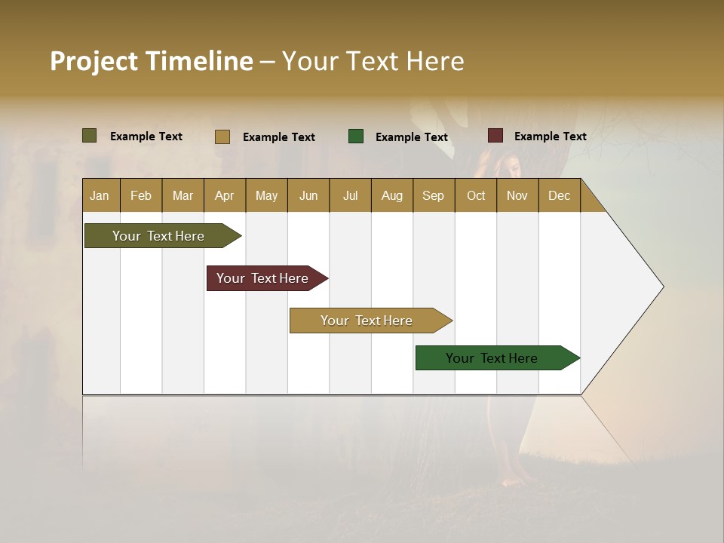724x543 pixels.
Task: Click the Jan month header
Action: click(100, 195)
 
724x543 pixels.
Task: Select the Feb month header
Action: click(141, 195)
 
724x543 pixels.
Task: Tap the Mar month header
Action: click(183, 195)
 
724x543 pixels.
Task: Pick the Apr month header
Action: click(225, 195)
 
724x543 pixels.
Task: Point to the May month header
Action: click(266, 195)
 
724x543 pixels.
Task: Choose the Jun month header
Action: click(308, 195)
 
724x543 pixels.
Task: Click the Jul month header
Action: click(350, 195)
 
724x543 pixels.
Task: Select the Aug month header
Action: click(392, 195)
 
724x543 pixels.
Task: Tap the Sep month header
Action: click(434, 195)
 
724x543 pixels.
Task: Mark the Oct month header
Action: click(476, 195)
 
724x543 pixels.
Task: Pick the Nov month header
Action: click(517, 195)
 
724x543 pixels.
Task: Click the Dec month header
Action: click(559, 195)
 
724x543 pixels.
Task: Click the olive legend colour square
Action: click(90, 136)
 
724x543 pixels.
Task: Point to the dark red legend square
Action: click(495, 136)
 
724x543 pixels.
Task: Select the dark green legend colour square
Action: click(356, 136)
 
